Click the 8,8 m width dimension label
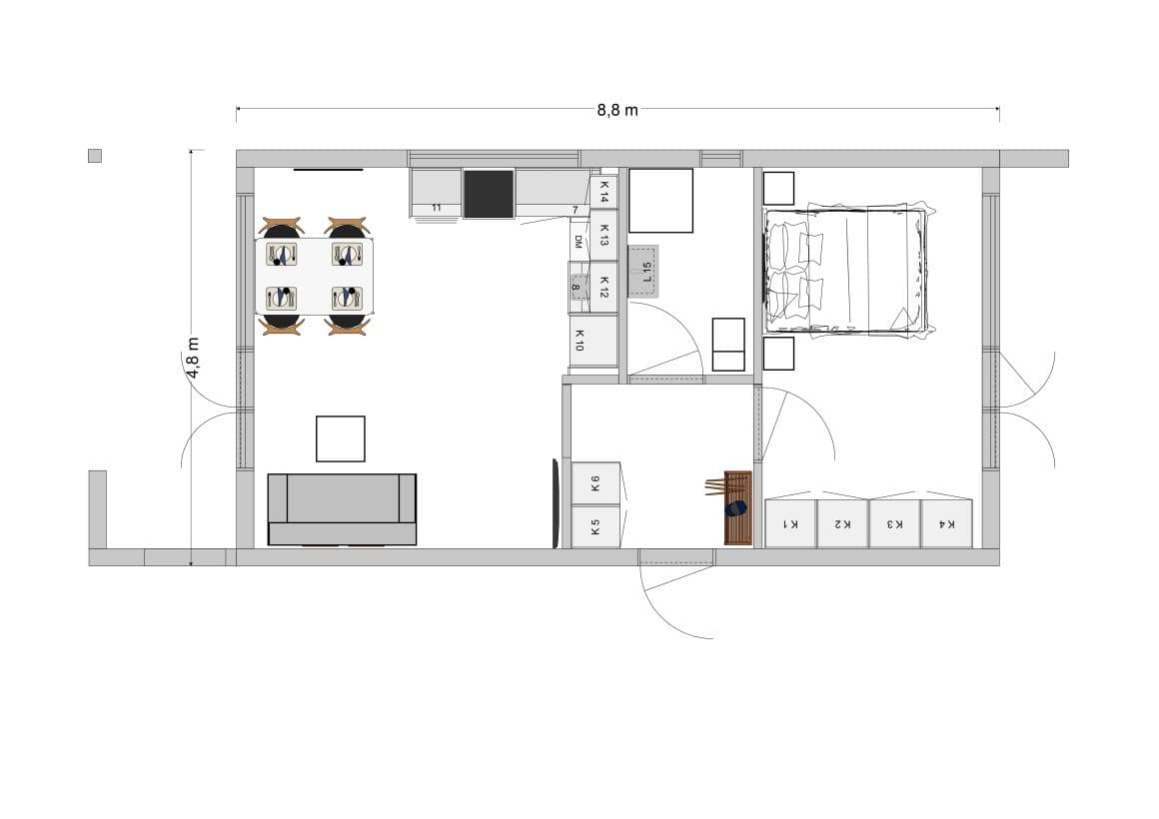(x=617, y=110)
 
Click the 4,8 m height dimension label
(x=193, y=358)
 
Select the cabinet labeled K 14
(x=603, y=192)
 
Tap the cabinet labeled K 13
(x=603, y=235)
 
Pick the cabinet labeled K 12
(x=603, y=287)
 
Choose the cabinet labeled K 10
(x=593, y=340)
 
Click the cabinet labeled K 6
(x=595, y=484)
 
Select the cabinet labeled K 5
(x=595, y=527)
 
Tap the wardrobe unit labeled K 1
(x=790, y=524)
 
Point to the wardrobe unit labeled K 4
(x=947, y=524)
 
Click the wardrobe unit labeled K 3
(x=894, y=524)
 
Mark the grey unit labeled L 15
(x=643, y=272)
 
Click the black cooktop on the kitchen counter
(x=489, y=194)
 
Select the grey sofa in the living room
(x=342, y=509)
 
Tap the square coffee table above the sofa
(x=340, y=439)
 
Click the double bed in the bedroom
(x=846, y=272)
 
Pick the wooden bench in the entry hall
(x=737, y=507)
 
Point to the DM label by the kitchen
(x=579, y=242)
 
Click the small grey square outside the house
(x=95, y=156)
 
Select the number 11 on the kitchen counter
(x=436, y=208)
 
